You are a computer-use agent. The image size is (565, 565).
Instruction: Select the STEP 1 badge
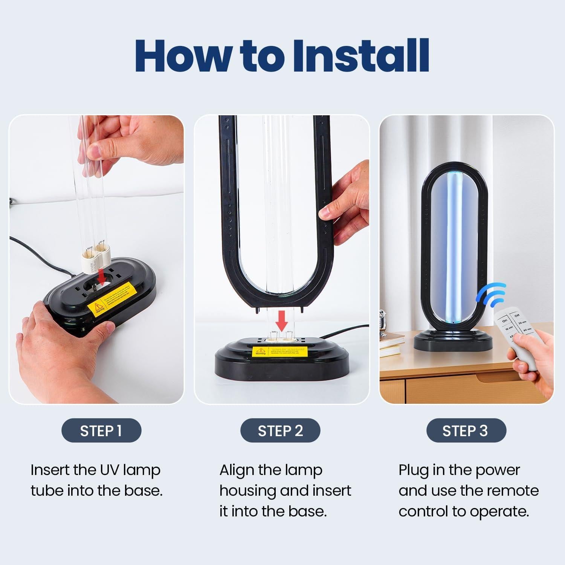101,431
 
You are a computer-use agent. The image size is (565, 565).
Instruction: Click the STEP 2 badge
280,431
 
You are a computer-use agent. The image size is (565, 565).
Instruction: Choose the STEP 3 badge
466,431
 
